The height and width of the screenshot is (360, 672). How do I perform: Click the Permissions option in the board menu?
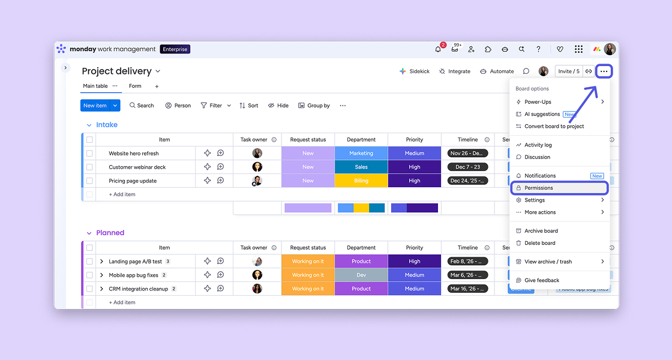click(x=538, y=188)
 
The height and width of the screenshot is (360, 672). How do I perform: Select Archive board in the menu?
click(x=541, y=231)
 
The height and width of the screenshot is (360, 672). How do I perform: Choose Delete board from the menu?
click(x=539, y=243)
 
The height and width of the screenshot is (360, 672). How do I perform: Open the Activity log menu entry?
click(x=538, y=145)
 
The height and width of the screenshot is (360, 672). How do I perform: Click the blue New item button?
click(x=95, y=106)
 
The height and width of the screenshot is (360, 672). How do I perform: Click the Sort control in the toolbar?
click(x=249, y=106)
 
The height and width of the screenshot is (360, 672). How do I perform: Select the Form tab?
click(x=135, y=86)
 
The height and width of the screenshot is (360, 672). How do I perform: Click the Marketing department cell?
click(x=361, y=153)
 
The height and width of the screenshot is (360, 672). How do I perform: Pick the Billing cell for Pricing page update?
click(x=361, y=181)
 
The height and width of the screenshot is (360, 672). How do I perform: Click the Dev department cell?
click(x=361, y=275)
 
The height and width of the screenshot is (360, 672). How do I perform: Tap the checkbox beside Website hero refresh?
click(x=89, y=153)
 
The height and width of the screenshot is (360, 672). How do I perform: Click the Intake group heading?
click(x=107, y=125)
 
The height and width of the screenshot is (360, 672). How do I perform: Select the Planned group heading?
click(x=110, y=233)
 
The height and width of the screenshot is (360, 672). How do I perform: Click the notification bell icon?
click(x=438, y=49)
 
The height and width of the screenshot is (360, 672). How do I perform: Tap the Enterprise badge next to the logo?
click(x=175, y=49)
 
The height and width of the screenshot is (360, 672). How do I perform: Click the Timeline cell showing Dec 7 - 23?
click(x=467, y=167)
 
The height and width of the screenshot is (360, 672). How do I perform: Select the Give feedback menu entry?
click(x=541, y=280)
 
